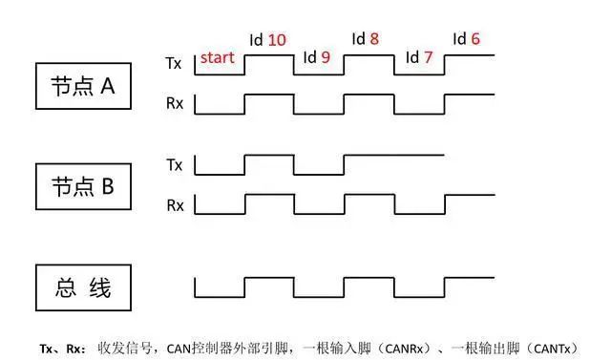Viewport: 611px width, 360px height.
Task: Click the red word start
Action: point(217,57)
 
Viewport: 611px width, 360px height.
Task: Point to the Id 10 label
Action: point(267,40)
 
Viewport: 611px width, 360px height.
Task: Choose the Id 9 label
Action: point(316,57)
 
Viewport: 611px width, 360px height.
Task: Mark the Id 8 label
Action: point(365,38)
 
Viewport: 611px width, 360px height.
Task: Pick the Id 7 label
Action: point(419,57)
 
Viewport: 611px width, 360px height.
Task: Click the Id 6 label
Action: point(466,38)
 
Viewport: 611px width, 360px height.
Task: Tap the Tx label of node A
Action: point(174,63)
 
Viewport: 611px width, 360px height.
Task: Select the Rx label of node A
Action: point(175,103)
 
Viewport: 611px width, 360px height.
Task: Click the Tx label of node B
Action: point(174,165)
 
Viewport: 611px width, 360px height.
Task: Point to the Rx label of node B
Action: point(175,205)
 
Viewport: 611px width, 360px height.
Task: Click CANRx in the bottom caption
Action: point(404,349)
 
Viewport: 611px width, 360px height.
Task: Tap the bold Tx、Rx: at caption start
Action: point(62,349)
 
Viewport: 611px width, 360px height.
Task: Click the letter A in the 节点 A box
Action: point(108,86)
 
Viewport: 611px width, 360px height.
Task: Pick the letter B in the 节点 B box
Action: point(108,186)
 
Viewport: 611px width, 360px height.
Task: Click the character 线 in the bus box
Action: point(100,288)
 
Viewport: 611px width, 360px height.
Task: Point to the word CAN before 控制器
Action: point(179,349)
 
